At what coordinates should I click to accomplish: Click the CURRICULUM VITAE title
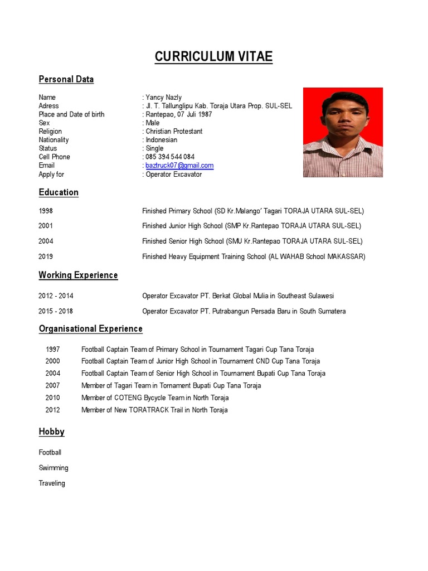coord(213,57)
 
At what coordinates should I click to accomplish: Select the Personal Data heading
coord(66,79)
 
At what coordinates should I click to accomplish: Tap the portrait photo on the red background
coord(343,132)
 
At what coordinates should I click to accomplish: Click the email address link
coord(179,166)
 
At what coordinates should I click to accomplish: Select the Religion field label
coord(50,132)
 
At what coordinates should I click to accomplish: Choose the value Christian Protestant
coord(174,132)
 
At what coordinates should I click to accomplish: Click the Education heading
coord(59,192)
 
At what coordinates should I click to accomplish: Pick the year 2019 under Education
coord(46,257)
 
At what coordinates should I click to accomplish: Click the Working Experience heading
coord(78,275)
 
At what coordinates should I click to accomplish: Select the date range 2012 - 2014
coord(56,296)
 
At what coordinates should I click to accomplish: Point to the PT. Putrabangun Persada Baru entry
coord(244,311)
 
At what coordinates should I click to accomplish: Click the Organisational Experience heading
coord(90,329)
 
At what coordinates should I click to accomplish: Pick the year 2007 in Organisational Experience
coord(53,386)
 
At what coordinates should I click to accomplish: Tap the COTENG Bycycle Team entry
coord(155,398)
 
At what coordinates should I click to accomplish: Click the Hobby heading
coord(51,432)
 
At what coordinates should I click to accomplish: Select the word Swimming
coord(53,468)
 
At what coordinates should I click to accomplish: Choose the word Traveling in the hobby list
coord(52,483)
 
